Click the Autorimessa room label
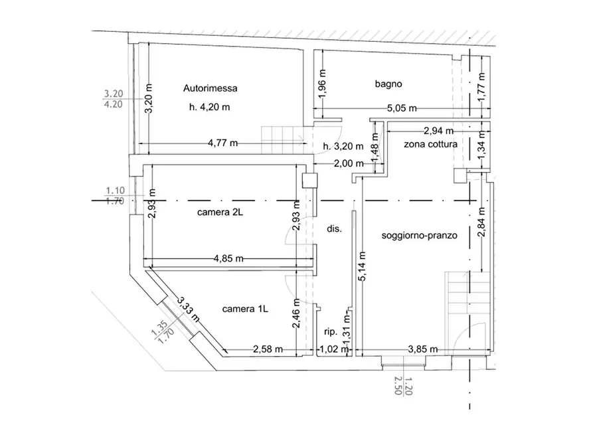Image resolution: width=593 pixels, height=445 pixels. (x=211, y=88)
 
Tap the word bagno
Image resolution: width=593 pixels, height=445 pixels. (x=388, y=84)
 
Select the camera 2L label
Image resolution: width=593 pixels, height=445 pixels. (x=220, y=213)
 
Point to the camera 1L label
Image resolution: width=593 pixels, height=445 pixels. (x=245, y=309)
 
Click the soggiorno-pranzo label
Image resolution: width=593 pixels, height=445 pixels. (x=420, y=235)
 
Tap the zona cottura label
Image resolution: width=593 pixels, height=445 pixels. (x=430, y=144)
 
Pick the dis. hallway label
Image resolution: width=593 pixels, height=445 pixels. (x=334, y=229)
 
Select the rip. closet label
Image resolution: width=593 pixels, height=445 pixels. (x=331, y=332)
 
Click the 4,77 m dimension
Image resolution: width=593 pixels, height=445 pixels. (x=222, y=143)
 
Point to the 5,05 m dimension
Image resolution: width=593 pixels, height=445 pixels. (x=402, y=109)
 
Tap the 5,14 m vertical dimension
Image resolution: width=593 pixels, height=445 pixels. (x=362, y=266)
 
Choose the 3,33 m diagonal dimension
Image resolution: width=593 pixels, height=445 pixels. (x=189, y=309)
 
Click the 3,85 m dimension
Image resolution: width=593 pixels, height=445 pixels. (x=423, y=349)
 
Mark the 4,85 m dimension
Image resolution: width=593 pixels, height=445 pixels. (x=228, y=259)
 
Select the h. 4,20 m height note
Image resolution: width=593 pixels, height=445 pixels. (x=210, y=107)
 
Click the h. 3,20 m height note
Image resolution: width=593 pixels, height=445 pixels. (x=343, y=146)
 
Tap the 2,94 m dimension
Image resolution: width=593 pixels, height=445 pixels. (x=438, y=131)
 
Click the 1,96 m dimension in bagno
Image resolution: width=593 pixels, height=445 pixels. (x=322, y=83)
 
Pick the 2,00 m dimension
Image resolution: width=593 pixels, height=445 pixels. (x=349, y=163)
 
